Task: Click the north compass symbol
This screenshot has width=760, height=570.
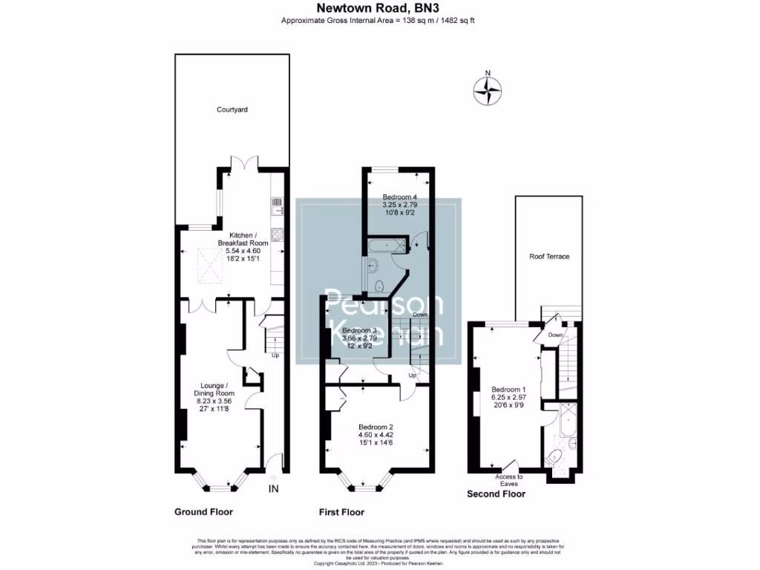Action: pos(488,90)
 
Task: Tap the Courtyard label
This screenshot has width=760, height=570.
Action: pos(232,110)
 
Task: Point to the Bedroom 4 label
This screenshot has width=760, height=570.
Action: pos(399,197)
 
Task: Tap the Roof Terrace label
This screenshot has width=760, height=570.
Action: pos(549,256)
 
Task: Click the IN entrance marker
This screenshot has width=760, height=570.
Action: pos(273,488)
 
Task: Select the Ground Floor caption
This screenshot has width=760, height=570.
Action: pos(203,512)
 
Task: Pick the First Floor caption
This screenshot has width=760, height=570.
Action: pos(341,512)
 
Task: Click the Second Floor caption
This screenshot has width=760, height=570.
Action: pos(496,494)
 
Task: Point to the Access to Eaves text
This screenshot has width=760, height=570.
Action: pos(509,479)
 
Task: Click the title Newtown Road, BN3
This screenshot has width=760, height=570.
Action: pos(378,8)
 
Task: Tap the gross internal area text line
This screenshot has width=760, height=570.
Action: pos(378,20)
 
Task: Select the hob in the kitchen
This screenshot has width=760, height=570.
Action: pos(277,234)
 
